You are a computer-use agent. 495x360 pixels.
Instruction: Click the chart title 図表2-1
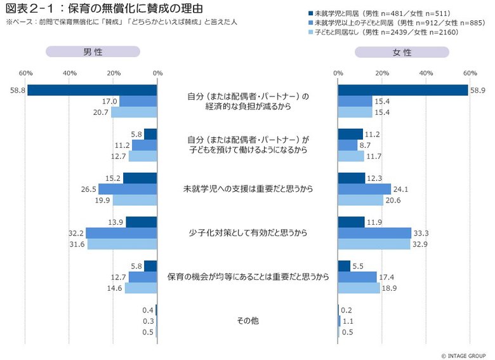105,9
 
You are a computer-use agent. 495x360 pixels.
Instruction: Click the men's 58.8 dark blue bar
92,90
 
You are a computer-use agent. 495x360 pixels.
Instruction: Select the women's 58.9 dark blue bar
403,90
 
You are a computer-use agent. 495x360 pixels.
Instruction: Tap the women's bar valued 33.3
374,233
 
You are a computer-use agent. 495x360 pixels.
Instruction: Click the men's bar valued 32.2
121,233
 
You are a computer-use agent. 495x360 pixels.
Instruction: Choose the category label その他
247,321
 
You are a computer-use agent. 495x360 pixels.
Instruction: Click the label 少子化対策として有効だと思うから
247,233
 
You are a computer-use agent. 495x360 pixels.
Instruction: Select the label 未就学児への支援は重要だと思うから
247,189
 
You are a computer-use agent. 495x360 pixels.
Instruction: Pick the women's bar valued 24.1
364,189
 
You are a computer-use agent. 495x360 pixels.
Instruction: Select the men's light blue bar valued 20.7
134,112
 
